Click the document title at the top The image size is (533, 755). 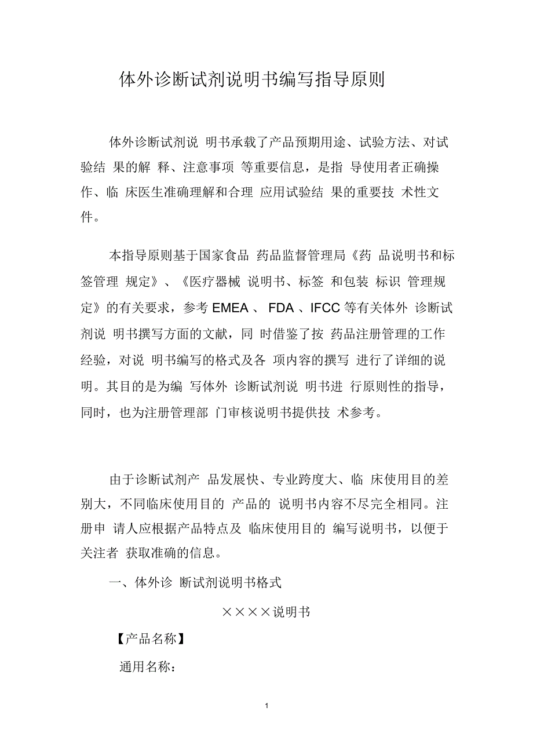[251, 79]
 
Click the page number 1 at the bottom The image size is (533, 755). [266, 706]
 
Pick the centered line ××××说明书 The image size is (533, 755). [266, 612]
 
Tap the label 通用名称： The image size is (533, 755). [147, 666]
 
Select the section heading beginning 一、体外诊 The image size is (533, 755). [195, 583]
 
